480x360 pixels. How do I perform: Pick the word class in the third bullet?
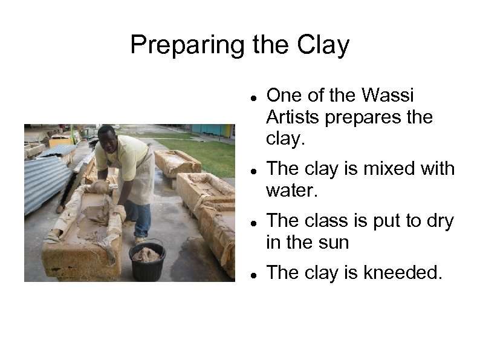328,221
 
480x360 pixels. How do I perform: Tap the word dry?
439,221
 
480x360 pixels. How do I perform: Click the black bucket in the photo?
147,261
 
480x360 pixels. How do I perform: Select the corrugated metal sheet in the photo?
45,182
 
